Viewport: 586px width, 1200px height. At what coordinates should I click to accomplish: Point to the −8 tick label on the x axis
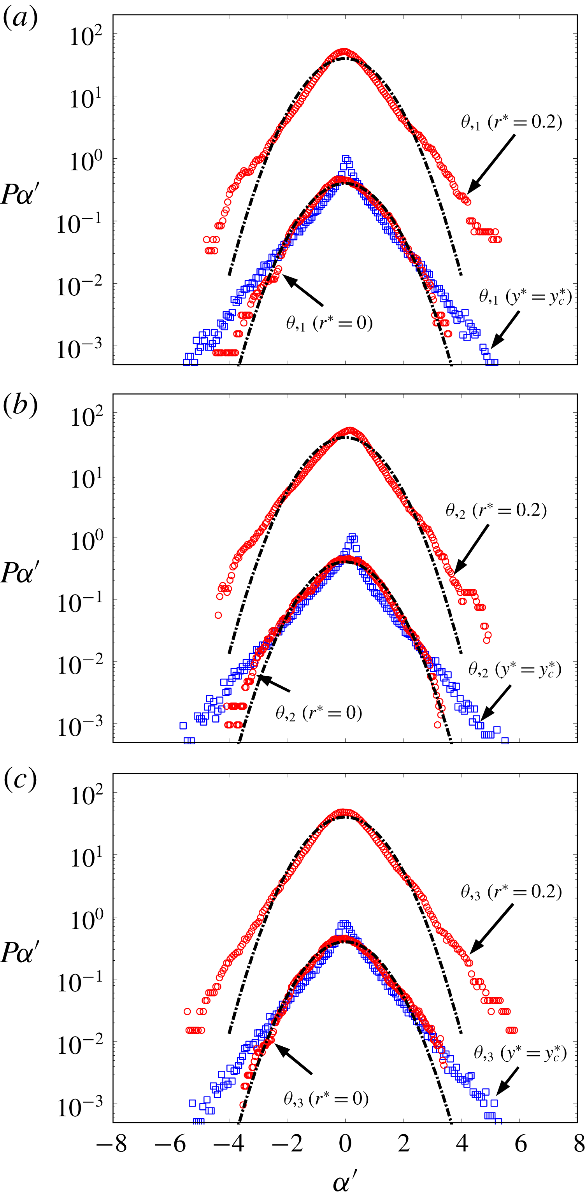(112, 1144)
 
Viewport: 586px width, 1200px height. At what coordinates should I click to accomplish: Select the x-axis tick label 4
(462, 1144)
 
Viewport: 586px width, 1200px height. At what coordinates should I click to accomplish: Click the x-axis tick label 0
(345, 1144)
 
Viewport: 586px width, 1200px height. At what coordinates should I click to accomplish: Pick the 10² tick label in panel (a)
(86, 36)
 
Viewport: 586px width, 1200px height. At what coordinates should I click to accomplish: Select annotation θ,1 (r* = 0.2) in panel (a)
(511, 122)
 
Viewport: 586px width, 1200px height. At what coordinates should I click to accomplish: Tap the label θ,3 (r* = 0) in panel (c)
(326, 1099)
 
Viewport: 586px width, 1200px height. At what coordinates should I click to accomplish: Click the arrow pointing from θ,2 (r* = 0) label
(274, 683)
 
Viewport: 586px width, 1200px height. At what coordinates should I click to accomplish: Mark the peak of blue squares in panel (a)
(346, 159)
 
